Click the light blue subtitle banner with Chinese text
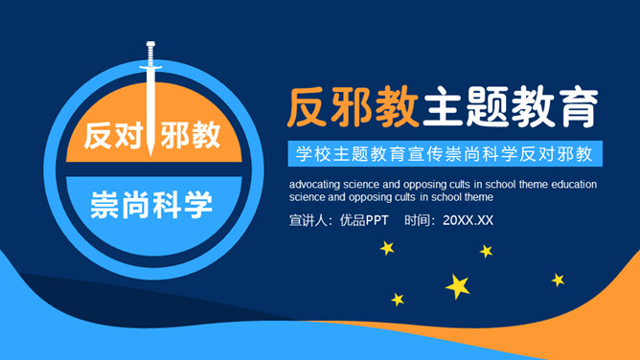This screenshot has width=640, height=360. coord(444,153)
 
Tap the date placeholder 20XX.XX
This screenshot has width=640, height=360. coord(469,220)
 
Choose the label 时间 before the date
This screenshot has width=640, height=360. coord(420,220)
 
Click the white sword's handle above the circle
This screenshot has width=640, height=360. coord(150,52)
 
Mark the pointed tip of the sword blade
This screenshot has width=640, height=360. coord(150,152)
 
